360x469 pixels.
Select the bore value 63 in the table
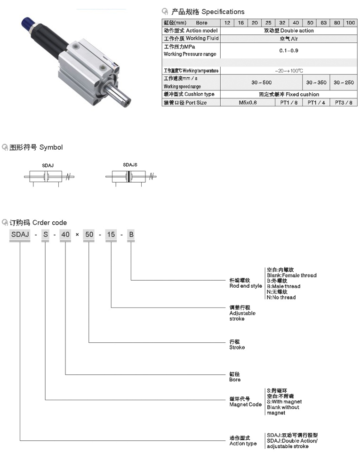click(x=324, y=23)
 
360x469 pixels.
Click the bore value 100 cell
click(x=351, y=23)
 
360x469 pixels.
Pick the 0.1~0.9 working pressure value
click(x=288, y=50)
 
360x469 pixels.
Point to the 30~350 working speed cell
click(x=316, y=82)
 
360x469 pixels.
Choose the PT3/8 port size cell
click(x=343, y=102)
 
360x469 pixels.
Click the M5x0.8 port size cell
click(x=248, y=102)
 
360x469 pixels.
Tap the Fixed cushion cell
click(x=288, y=94)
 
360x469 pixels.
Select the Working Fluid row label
click(x=191, y=38)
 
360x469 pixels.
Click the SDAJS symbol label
click(x=130, y=165)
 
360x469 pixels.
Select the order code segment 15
click(x=111, y=234)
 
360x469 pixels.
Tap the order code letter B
click(x=131, y=234)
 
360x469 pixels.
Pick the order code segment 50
click(x=88, y=234)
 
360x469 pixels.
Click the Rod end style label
click(x=245, y=283)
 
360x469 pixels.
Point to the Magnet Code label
click(x=245, y=402)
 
